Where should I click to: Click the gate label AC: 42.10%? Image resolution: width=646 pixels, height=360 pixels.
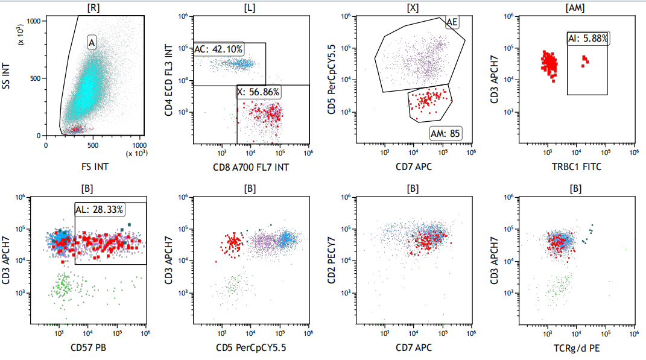(218, 49)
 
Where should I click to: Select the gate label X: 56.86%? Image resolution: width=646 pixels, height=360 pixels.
(258, 92)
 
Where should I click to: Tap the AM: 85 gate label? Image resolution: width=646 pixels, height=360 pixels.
(445, 133)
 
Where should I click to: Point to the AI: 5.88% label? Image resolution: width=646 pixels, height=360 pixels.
(588, 39)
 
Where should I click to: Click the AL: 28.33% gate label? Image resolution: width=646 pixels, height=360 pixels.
(100, 210)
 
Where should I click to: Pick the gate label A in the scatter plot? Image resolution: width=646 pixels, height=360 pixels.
(92, 42)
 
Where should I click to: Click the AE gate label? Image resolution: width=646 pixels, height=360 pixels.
(452, 22)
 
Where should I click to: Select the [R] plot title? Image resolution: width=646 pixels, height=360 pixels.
(93, 8)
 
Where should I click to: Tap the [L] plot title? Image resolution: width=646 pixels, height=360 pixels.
(250, 8)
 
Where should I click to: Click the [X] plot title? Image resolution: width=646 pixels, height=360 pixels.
(413, 8)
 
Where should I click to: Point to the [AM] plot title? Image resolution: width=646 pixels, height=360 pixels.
(575, 8)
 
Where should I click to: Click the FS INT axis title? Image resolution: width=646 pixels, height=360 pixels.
(95, 167)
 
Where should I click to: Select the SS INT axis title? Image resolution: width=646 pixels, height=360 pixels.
(7, 76)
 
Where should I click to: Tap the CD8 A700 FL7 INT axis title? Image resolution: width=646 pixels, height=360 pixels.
(251, 167)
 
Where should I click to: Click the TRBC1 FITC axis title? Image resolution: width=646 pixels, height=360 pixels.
(577, 167)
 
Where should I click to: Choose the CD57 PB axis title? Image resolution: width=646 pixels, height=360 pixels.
(88, 348)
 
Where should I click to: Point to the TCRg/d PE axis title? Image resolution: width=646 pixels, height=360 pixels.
(577, 348)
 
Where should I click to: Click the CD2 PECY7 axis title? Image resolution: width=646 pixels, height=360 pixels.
(332, 261)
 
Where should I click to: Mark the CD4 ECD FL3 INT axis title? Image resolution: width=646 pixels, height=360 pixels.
(168, 80)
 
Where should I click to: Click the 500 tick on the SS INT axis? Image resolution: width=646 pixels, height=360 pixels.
(35, 78)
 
